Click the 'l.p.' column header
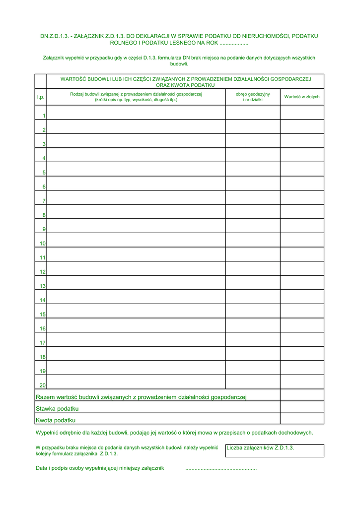(40, 97)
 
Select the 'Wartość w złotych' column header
(302, 97)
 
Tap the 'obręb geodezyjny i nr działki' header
(253, 97)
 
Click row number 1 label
(44, 116)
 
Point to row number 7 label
(44, 201)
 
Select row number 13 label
(43, 286)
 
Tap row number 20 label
(43, 385)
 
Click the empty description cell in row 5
(136, 169)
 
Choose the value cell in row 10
(302, 240)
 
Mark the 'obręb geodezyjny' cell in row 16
(253, 325)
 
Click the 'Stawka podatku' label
(57, 409)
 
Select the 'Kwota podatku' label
(56, 420)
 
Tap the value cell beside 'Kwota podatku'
(302, 419)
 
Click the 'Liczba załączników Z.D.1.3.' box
(274, 450)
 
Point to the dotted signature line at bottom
(221, 468)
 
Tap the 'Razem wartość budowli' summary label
(142, 397)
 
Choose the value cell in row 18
(302, 354)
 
